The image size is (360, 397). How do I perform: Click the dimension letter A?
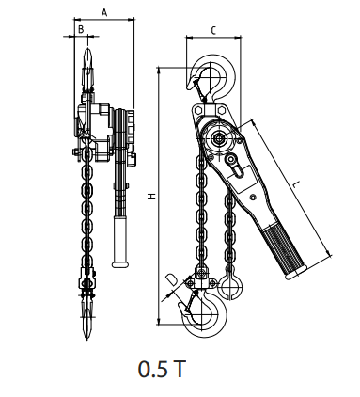click(x=104, y=13)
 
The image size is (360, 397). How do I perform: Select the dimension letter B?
click(x=81, y=29)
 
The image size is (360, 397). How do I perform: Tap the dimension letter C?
click(x=213, y=30)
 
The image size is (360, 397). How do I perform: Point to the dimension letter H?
click(x=152, y=196)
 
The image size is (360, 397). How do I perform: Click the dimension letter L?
click(x=295, y=184)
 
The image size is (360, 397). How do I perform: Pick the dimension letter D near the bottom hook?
click(x=171, y=279)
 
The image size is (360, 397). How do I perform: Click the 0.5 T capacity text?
click(x=162, y=369)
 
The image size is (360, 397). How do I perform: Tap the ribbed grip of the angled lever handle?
click(x=284, y=249)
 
